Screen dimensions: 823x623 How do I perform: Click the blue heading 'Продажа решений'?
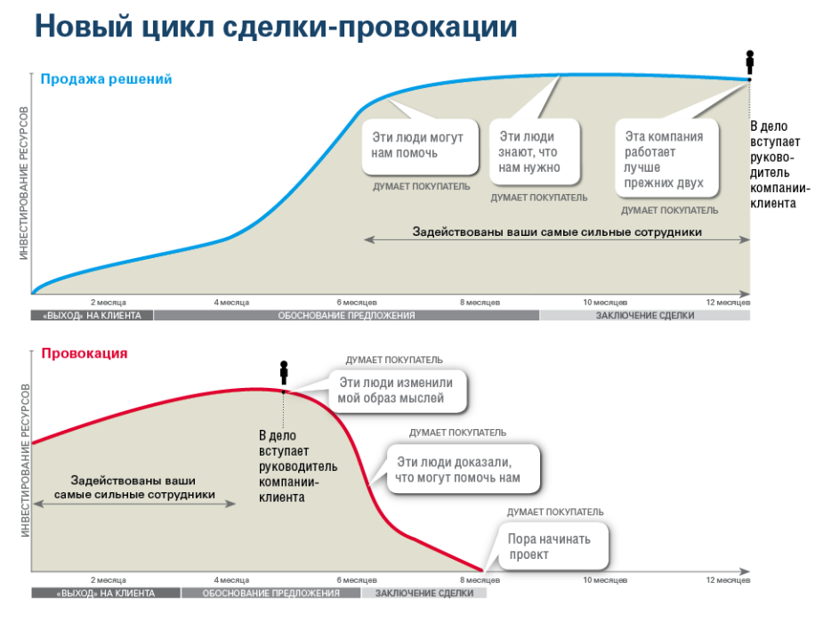coord(106,79)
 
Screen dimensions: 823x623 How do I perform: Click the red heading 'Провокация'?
coord(85,353)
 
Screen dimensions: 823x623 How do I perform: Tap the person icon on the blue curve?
coord(750,62)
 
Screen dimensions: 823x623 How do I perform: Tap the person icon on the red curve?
coord(284,373)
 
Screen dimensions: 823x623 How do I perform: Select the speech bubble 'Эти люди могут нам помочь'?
coord(420,147)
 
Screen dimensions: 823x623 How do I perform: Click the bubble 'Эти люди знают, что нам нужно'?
coord(535,151)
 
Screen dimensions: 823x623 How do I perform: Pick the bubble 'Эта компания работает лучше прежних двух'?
coord(666,158)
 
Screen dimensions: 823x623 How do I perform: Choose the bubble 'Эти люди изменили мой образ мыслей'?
coord(398,391)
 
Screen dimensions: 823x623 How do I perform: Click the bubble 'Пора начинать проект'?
coord(553,546)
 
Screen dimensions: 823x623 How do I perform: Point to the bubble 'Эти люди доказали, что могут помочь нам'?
coord(463,469)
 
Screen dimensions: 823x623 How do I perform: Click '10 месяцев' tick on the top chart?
coord(605,303)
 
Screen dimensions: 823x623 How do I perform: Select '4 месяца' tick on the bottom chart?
coord(231,580)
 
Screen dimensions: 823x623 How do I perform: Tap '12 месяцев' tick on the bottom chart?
coord(728,580)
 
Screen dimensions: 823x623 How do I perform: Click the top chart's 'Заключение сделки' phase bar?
coord(644,315)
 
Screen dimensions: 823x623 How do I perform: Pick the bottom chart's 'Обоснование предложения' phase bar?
coord(270,593)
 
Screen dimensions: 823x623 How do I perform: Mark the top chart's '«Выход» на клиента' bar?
coord(92,315)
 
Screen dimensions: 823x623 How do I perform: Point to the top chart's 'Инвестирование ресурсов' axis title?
coord(24,183)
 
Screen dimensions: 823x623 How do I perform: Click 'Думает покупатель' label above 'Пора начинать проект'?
coord(555,513)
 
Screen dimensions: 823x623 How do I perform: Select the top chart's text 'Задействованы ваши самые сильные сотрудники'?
coord(557,232)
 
